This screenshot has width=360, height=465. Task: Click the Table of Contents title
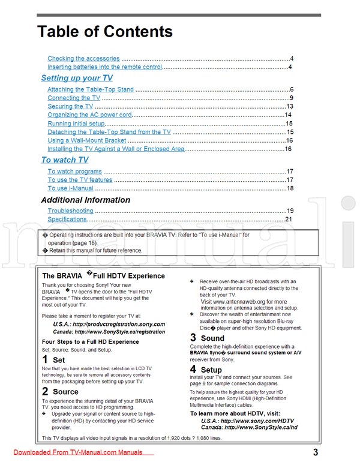coord(105,31)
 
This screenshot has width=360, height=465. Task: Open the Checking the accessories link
coord(83,59)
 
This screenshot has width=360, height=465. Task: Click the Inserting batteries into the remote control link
coord(104,67)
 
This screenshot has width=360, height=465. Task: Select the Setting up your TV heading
coord(76,78)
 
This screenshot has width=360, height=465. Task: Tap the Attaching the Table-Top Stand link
coord(91,89)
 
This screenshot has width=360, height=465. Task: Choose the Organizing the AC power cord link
coord(89,115)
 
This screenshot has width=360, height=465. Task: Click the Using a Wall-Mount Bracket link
coord(86,140)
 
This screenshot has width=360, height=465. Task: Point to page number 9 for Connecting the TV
coord(290,98)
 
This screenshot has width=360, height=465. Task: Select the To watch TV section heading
coord(64,160)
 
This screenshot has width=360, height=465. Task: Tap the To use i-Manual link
coord(70,188)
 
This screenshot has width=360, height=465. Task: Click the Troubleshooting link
coord(70,211)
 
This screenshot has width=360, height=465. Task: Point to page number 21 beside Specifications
coord(288,220)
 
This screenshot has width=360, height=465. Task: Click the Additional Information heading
coord(85,200)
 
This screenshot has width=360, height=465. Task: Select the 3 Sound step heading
coord(207,338)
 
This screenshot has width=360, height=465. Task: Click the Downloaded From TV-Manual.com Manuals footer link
coord(77,452)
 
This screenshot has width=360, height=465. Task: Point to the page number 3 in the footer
coord(315,452)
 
